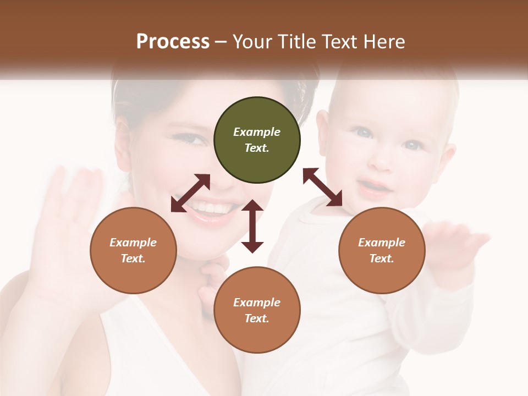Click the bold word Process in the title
(x=173, y=41)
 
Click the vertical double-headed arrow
(x=252, y=226)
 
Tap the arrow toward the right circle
(x=323, y=187)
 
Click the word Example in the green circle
(x=257, y=132)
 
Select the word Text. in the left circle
(x=133, y=258)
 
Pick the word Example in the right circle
(x=382, y=243)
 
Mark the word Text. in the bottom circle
(x=257, y=318)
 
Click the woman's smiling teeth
(x=212, y=208)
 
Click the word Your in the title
(x=251, y=41)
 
